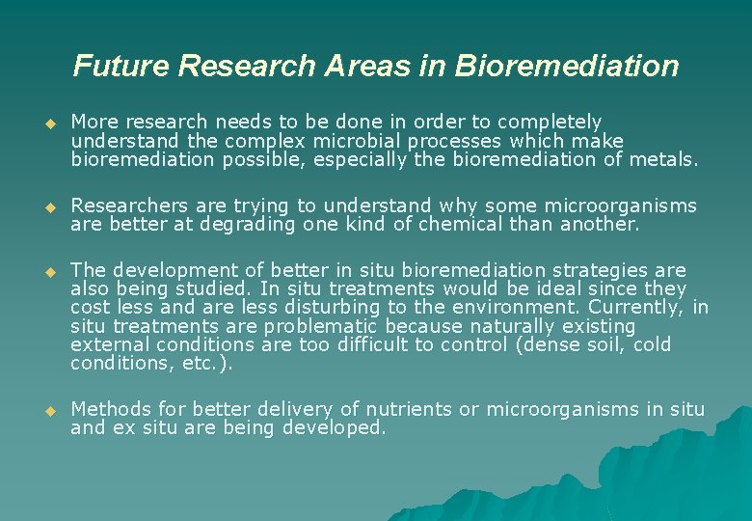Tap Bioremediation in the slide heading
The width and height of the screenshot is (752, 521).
coord(567,66)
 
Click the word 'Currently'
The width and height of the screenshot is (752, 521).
coord(638,308)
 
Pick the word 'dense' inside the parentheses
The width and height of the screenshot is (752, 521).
coord(558,345)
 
